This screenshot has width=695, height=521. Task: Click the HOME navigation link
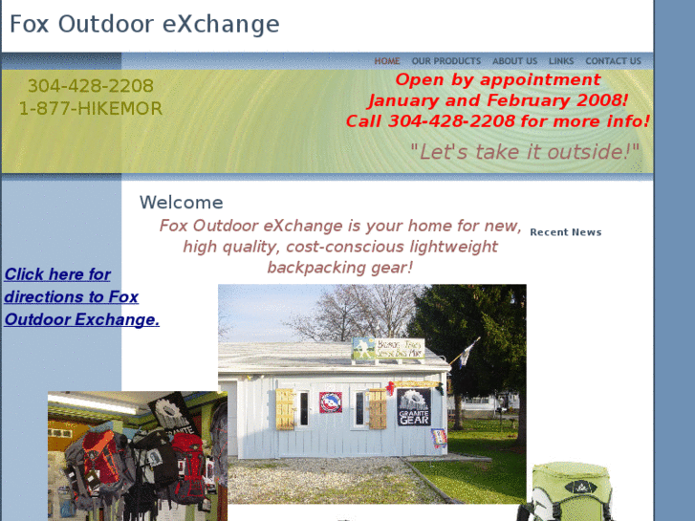387,61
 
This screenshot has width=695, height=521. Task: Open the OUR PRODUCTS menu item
445,61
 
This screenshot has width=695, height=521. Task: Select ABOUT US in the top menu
514,61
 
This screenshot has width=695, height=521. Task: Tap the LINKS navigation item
561,61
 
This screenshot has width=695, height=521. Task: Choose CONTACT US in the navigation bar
613,61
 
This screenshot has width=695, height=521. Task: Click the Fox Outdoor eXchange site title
144,24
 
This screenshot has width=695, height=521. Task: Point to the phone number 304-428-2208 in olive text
90,86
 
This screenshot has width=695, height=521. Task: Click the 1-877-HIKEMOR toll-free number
91,109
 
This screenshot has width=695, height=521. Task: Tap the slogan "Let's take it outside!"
525,151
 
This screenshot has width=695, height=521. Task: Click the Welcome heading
181,203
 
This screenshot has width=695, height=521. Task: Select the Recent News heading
565,232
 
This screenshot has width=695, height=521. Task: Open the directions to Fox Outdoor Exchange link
81,296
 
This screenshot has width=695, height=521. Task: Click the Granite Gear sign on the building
414,406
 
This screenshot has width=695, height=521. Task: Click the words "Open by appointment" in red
497,80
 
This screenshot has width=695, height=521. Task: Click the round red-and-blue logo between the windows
331,402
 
